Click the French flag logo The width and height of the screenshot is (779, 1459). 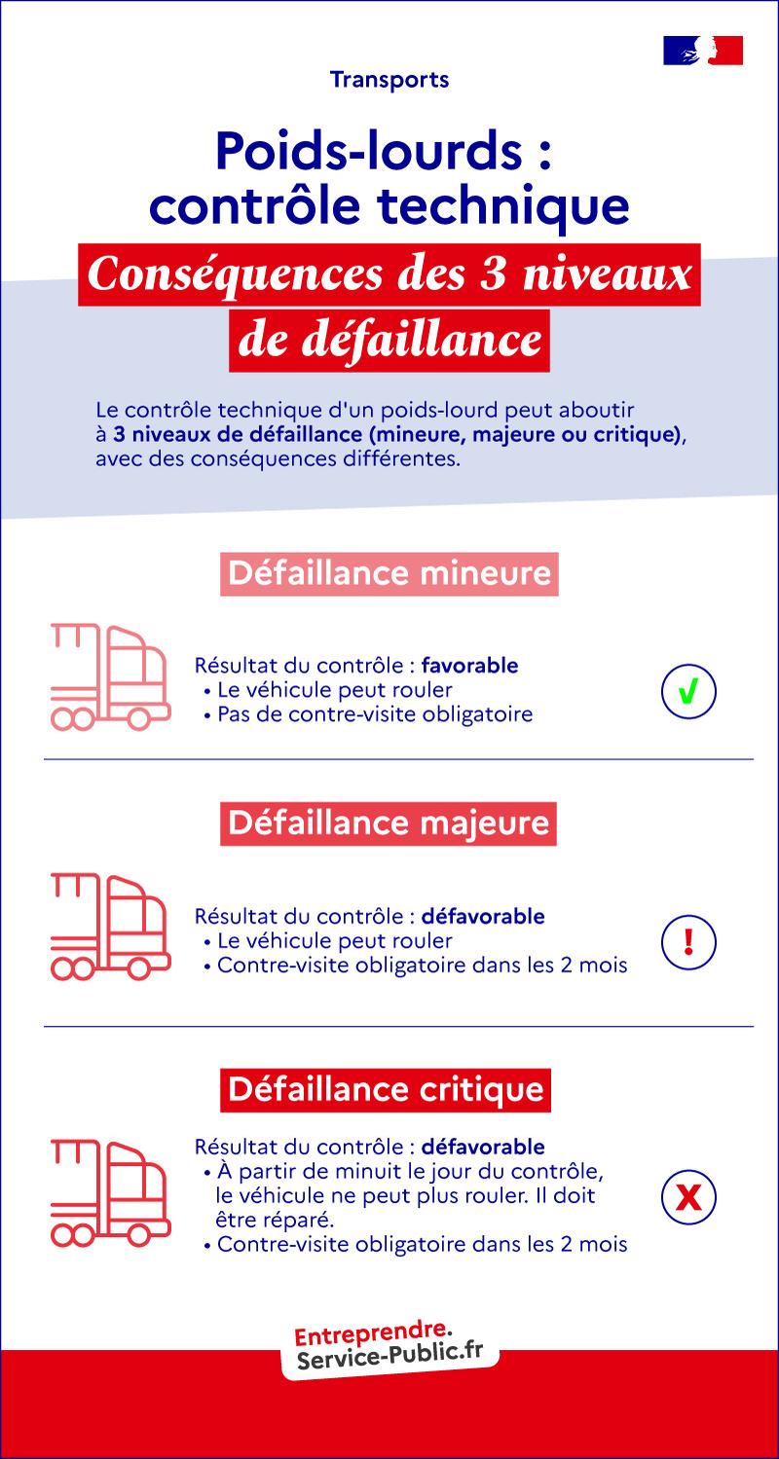coord(703,50)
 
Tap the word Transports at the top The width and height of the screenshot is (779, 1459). coord(389,80)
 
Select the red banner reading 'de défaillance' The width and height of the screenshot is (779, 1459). coord(389,341)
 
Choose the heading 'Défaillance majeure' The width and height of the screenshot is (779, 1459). coord(389,823)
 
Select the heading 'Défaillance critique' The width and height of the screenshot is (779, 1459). coord(386,1087)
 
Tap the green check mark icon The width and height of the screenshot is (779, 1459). coord(688,692)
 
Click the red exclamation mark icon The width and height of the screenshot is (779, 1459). coord(688,941)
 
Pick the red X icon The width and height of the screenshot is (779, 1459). coord(688,1197)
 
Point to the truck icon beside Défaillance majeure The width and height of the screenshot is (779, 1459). coord(107,927)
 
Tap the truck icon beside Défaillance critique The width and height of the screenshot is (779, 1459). coord(107,1192)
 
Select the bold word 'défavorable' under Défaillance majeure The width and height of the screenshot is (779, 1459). coord(484,917)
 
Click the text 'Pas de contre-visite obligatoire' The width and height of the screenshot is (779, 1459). coord(375,715)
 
